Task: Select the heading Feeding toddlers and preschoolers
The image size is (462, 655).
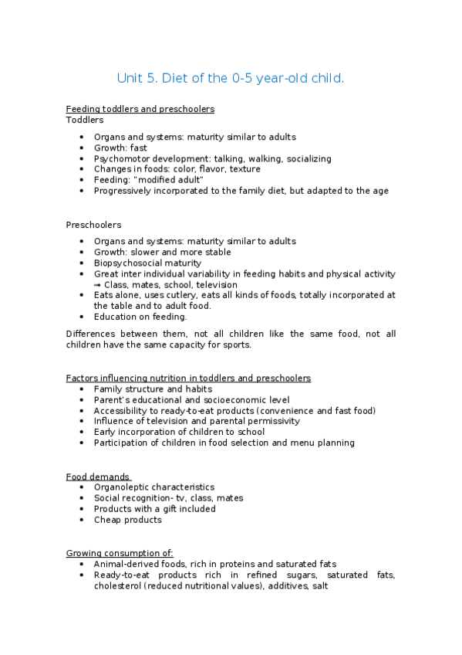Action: click(x=140, y=109)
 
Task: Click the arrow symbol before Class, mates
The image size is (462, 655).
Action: click(x=98, y=284)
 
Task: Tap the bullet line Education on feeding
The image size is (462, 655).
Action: click(x=140, y=317)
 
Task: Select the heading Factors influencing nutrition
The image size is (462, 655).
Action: click(x=188, y=378)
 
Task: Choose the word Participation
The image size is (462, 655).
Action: click(x=122, y=443)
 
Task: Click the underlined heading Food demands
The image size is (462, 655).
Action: click(x=98, y=477)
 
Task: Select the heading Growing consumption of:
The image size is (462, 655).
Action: click(x=120, y=553)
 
